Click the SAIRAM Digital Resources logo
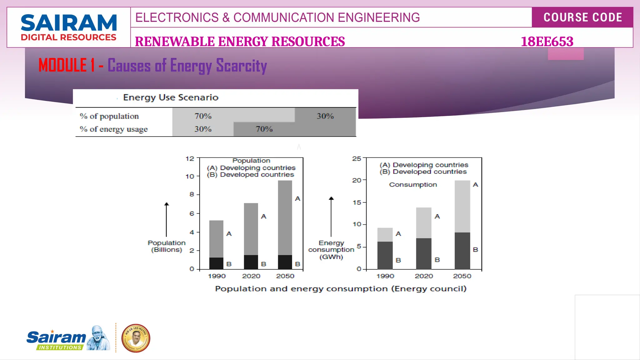(68, 27)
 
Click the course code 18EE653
(547, 42)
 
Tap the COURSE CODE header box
(582, 17)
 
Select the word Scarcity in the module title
(241, 66)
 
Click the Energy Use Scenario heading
(171, 97)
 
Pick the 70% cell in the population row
(203, 116)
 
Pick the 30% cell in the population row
(325, 116)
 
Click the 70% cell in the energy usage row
(264, 129)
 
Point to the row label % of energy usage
(114, 129)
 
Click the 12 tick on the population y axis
(190, 159)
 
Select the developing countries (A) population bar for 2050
(285, 217)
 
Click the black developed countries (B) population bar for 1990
(216, 263)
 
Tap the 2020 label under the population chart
(251, 276)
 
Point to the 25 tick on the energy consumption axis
(357, 159)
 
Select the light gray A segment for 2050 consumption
(462, 206)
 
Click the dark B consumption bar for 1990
(385, 255)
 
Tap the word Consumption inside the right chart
(413, 185)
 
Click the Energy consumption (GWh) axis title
(331, 250)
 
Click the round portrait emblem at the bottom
(136, 338)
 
